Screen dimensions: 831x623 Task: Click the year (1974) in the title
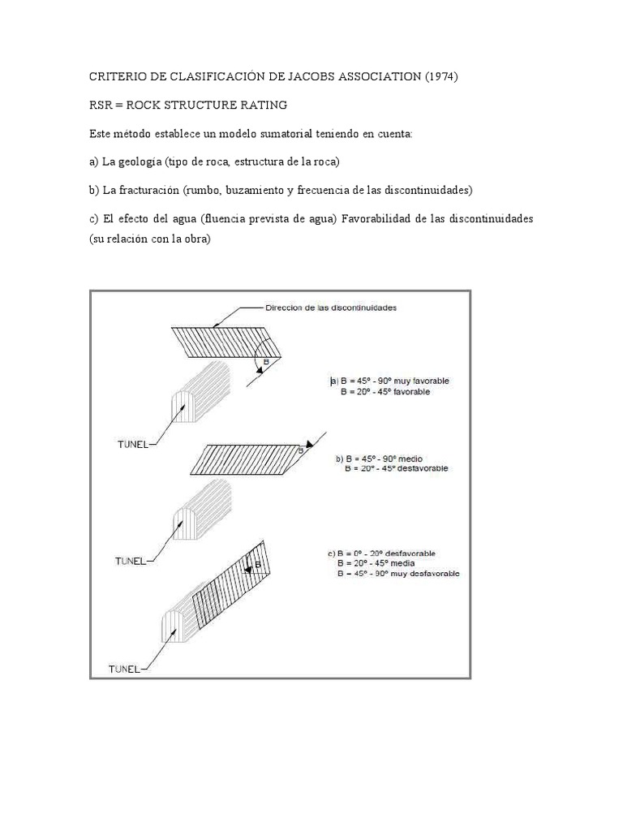[x=441, y=77]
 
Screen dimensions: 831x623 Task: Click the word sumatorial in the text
[x=290, y=134]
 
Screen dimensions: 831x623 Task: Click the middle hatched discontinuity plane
[x=247, y=459]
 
